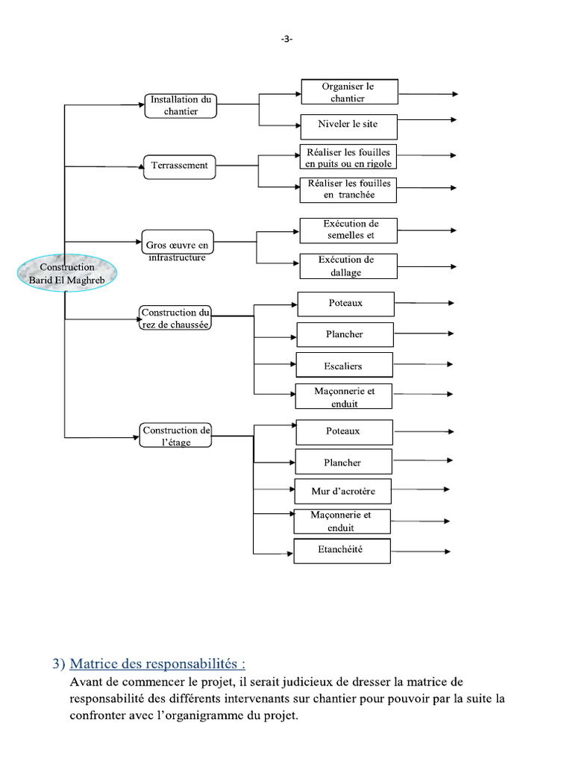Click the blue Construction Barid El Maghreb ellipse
[x=67, y=273]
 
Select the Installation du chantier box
[x=181, y=105]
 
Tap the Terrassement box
[x=179, y=166]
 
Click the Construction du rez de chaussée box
[x=176, y=318]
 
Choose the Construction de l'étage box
[x=176, y=436]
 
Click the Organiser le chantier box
[x=349, y=92]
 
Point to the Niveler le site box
[x=348, y=126]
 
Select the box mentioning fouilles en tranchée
[x=348, y=190]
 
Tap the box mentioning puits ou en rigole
[x=348, y=157]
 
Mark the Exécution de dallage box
[x=348, y=266]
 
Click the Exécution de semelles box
[x=348, y=230]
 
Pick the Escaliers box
[x=344, y=366]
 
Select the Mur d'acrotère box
[x=343, y=492]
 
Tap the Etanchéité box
[x=342, y=551]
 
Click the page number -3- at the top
[x=286, y=40]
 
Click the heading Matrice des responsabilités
[x=157, y=663]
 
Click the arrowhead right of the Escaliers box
[x=449, y=364]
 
